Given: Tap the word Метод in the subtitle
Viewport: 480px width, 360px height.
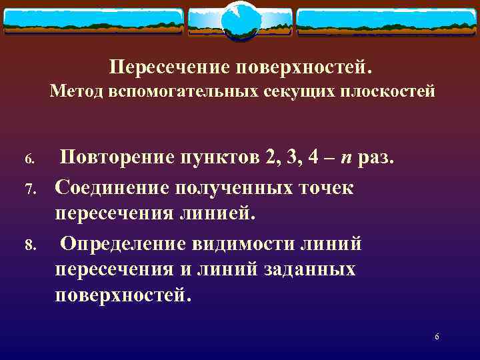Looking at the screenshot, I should pos(73,91).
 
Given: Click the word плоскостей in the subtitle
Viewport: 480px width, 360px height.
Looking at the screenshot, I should pos(384,91).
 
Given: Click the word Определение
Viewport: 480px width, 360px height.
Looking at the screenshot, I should pos(124,243).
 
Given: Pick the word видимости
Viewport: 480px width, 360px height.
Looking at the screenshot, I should pos(244,243).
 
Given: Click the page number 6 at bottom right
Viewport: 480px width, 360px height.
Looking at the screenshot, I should pos(437,337).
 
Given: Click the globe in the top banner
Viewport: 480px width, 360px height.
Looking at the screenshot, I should pos(240,20).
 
